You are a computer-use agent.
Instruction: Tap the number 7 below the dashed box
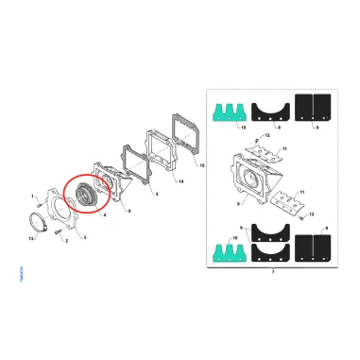coord(273,271)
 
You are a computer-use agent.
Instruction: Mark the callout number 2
coord(66,241)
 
